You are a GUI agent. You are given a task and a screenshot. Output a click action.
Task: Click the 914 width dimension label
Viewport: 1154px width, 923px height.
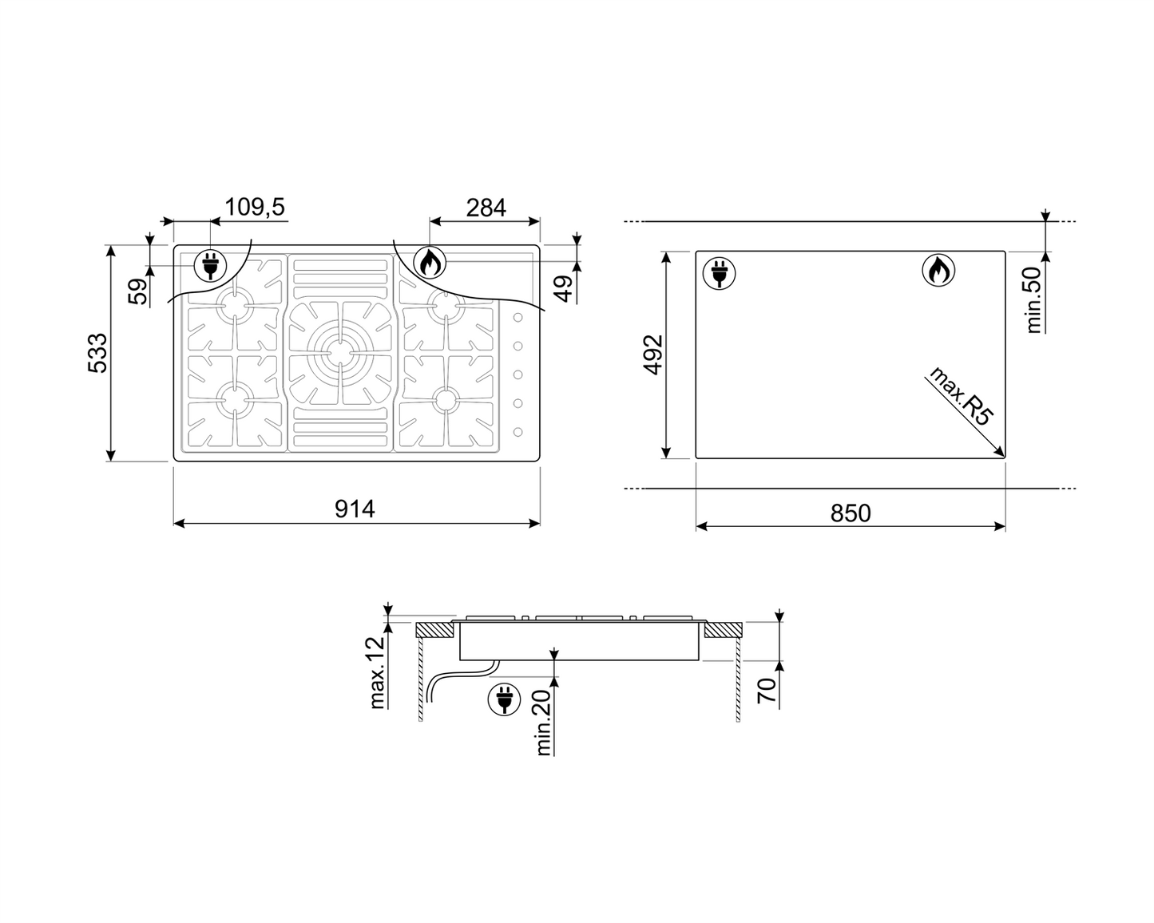355,509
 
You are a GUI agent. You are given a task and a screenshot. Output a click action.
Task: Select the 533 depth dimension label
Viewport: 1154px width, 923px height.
97,354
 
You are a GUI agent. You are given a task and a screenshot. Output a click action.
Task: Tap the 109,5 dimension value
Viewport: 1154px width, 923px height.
254,207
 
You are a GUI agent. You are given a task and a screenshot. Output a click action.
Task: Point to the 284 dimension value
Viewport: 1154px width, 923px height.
486,208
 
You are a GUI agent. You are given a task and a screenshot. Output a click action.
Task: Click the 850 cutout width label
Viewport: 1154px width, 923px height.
850,513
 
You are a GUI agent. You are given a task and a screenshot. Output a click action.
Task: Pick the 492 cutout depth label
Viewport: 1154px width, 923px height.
653,355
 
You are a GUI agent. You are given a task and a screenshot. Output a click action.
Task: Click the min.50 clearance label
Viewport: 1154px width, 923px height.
1034,299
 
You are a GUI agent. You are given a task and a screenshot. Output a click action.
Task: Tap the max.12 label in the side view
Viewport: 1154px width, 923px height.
378,672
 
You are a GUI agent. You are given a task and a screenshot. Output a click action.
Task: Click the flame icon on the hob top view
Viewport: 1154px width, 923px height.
430,262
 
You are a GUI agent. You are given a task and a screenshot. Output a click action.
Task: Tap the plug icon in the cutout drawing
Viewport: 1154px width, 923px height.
719,272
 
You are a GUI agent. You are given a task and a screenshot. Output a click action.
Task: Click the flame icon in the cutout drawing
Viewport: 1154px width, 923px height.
938,271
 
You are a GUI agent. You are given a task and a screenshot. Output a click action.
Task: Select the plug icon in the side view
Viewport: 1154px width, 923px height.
504,700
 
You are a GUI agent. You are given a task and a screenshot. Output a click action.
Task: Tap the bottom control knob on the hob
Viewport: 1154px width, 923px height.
518,432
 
